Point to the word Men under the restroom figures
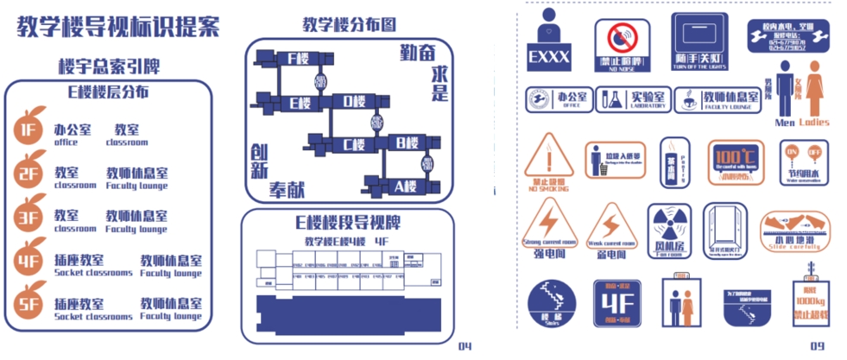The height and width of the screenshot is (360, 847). click(784, 123)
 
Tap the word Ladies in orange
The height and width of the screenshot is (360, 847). click(813, 123)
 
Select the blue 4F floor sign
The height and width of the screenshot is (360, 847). click(616, 307)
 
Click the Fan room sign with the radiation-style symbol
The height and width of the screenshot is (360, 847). click(668, 231)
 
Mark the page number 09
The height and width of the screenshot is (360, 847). click(817, 347)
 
